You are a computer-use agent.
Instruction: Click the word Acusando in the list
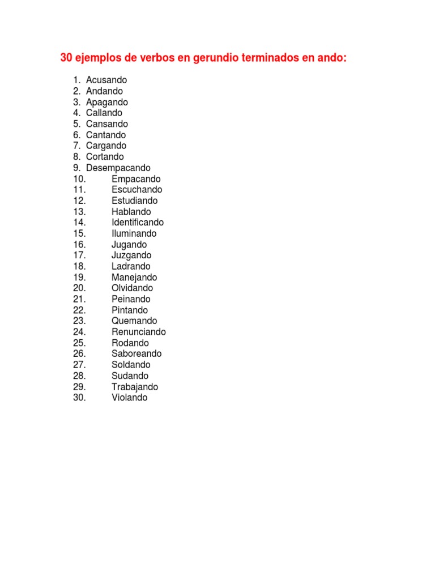(x=106, y=80)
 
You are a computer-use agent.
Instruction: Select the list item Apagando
(x=107, y=103)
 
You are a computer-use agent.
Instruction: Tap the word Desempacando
(x=118, y=168)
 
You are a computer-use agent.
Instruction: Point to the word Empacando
(x=136, y=179)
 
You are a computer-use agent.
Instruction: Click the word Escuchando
(x=137, y=190)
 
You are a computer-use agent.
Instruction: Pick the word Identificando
(x=138, y=223)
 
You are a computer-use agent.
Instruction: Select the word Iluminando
(x=134, y=233)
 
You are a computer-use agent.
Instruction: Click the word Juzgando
(x=131, y=255)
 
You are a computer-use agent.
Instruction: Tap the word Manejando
(x=134, y=278)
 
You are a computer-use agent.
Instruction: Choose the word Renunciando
(x=139, y=332)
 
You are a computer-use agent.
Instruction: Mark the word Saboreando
(x=137, y=354)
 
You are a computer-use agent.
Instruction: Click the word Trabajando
(x=135, y=387)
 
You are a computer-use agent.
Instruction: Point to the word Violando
(x=129, y=398)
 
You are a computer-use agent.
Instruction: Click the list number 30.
(x=79, y=398)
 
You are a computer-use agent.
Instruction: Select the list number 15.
(x=79, y=233)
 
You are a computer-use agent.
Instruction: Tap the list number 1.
(x=76, y=80)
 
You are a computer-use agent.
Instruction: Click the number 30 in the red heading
(x=66, y=58)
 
